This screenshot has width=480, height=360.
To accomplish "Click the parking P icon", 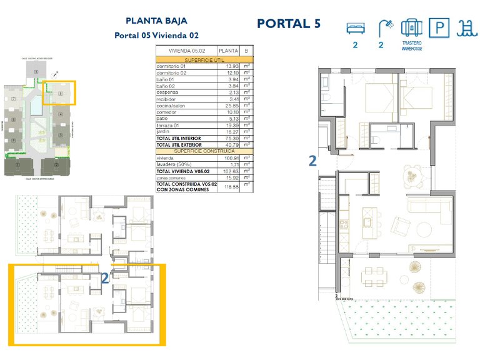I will pos(440,27).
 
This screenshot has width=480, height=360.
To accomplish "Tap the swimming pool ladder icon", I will pos(464,27).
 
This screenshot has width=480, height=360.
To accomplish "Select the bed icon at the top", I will pos(354,27).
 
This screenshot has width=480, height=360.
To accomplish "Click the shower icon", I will pos(385,27).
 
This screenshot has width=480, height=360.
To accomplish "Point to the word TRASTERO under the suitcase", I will pos(412,43).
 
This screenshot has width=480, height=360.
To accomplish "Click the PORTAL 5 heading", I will pos(289,24).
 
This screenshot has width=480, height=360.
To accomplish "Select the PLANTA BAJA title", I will pos(156,21).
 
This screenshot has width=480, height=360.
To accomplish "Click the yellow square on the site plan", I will pos(59,92).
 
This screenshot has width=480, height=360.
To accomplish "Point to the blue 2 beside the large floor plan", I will pos(312,161).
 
